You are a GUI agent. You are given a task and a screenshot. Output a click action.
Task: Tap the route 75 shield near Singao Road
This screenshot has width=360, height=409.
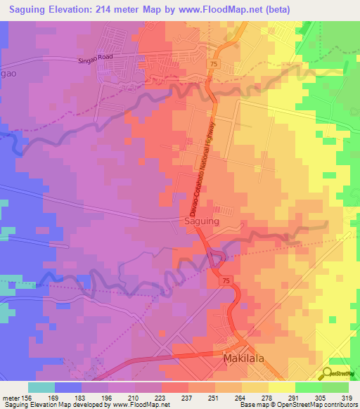(212, 63)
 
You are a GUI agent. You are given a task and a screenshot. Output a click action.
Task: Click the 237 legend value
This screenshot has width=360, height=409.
(177, 397)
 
